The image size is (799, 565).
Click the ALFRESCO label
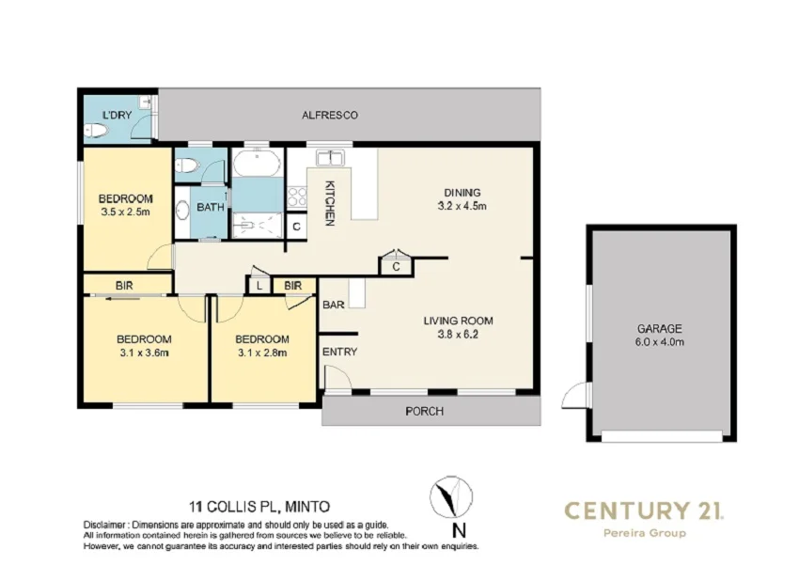click(x=329, y=115)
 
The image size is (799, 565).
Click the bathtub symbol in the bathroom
click(x=256, y=165)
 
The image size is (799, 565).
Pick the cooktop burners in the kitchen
click(x=297, y=196)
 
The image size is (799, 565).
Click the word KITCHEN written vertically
click(x=331, y=202)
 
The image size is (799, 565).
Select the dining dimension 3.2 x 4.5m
click(x=462, y=205)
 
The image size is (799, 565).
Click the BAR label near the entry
click(x=333, y=306)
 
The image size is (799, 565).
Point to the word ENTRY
click(x=339, y=352)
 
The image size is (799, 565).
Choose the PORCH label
click(x=424, y=411)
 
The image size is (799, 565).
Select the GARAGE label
click(x=659, y=329)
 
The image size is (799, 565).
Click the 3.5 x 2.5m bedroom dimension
click(x=125, y=212)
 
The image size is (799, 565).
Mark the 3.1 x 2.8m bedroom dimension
click(x=260, y=353)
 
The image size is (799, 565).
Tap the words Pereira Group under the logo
click(x=643, y=533)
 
